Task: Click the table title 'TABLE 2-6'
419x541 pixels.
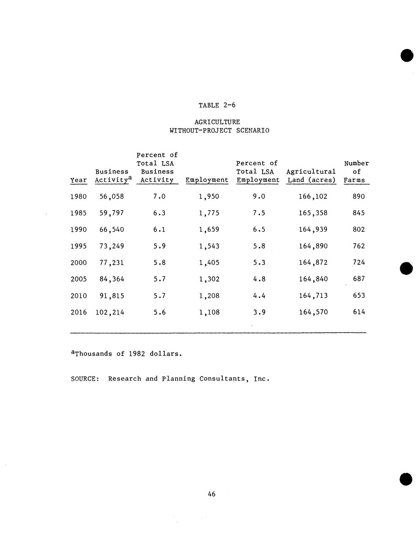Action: point(217,105)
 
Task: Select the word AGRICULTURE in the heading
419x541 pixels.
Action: point(217,122)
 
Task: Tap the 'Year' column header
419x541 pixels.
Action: point(78,180)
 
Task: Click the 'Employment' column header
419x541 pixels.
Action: point(207,180)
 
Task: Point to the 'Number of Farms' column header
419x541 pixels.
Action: point(356,172)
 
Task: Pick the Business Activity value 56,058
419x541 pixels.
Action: point(112,196)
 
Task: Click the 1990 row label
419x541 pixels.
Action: point(78,229)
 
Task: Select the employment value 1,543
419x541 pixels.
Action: point(209,246)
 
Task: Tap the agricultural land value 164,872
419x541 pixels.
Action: point(313,262)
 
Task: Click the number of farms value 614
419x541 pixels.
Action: point(359,312)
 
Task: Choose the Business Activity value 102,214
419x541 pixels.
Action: point(110,312)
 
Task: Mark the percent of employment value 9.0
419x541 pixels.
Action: point(259,196)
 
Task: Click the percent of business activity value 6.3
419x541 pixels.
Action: point(159,213)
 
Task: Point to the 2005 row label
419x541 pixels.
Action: point(78,279)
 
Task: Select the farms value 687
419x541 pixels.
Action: point(359,279)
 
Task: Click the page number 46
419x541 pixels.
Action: point(212,494)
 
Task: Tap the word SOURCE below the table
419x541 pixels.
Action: point(83,379)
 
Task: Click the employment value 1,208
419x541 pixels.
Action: point(209,296)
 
